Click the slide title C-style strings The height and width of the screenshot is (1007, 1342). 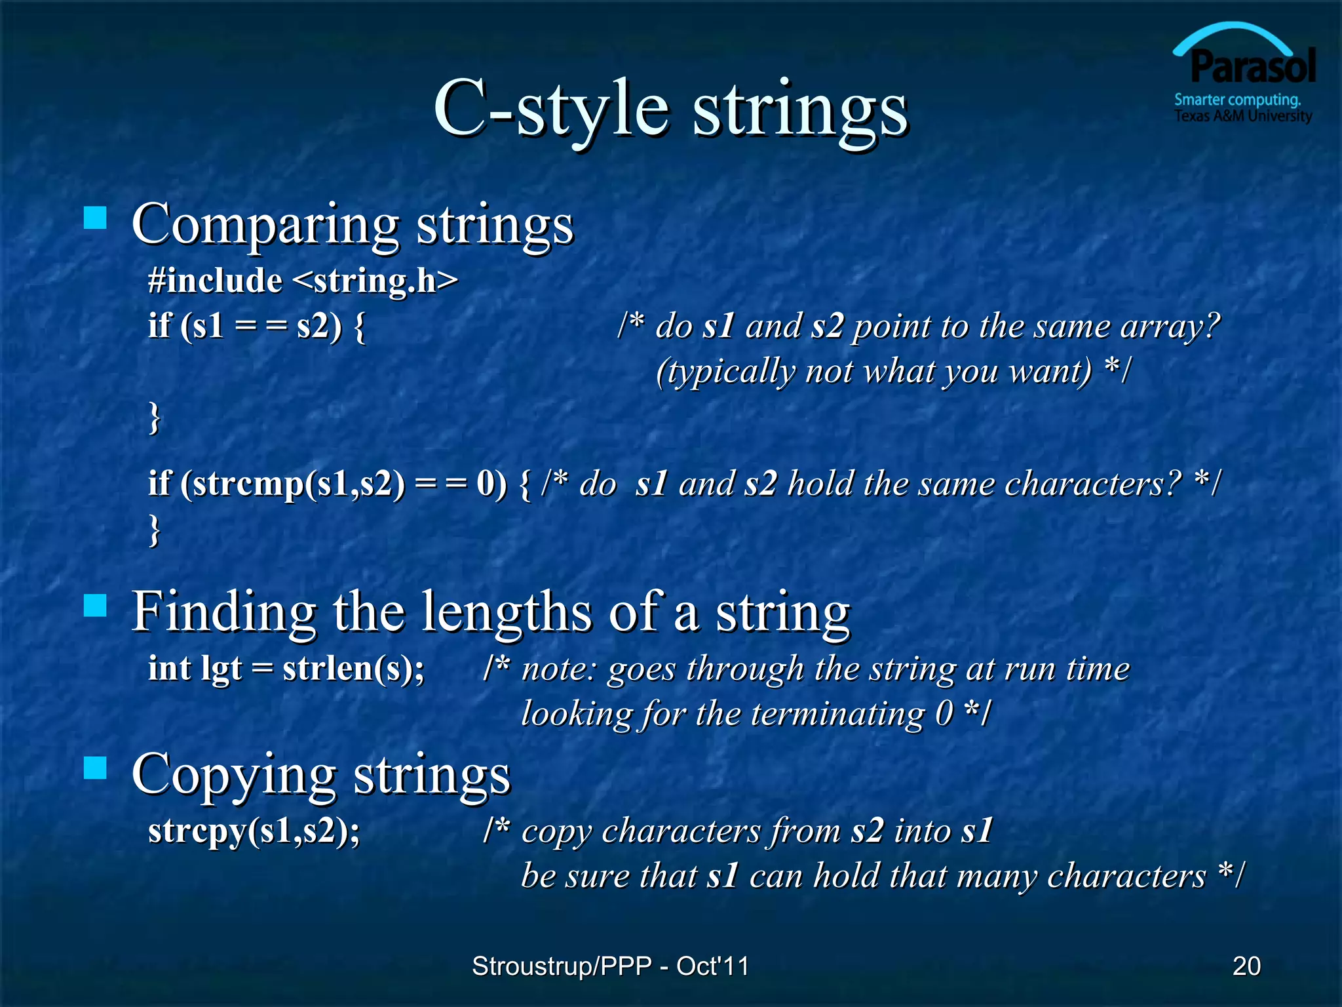pyautogui.click(x=670, y=108)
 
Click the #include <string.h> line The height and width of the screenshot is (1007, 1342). pyautogui.click(x=303, y=281)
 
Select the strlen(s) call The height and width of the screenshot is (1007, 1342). pyautogui.click(x=353, y=669)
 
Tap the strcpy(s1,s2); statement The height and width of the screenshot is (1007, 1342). pyautogui.click(x=254, y=831)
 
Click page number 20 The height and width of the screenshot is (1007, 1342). pyautogui.click(x=1246, y=966)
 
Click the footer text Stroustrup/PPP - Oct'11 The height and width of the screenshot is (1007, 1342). pyautogui.click(x=610, y=966)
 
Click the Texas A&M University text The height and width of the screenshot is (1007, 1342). pyautogui.click(x=1242, y=116)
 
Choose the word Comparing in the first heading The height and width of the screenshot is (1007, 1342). pyautogui.click(x=265, y=224)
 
